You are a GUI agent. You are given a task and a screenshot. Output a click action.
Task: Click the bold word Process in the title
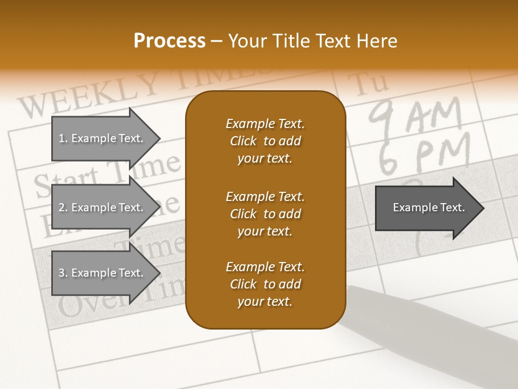169,41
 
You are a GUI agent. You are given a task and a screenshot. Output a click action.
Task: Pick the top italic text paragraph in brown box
265,141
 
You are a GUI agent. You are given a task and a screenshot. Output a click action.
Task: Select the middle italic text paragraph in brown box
265,214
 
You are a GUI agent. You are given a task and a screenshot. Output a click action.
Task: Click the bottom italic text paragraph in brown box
265,284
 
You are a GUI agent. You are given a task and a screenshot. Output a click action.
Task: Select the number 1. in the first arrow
63,138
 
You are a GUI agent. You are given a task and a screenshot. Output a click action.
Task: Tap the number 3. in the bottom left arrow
63,273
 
